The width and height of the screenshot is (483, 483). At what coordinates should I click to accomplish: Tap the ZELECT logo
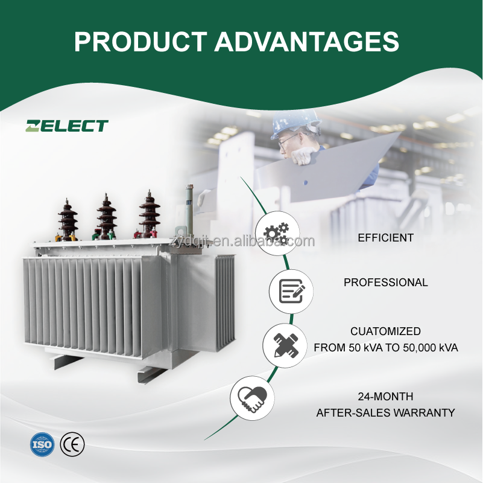[x=66, y=126]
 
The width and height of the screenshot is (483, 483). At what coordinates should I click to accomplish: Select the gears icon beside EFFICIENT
[x=277, y=233]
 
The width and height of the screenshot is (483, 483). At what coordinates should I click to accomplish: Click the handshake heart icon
[x=253, y=397]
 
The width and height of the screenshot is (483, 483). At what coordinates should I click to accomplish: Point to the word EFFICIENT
[x=385, y=238]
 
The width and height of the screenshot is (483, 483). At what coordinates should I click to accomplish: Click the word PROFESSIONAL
[x=385, y=283]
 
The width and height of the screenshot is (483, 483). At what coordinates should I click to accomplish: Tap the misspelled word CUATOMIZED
[x=385, y=332]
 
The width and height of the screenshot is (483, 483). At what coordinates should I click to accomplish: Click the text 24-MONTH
[x=385, y=397]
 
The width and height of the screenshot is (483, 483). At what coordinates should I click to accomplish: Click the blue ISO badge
[x=42, y=445]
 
